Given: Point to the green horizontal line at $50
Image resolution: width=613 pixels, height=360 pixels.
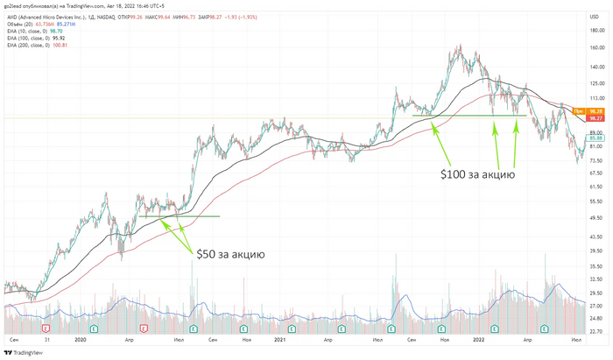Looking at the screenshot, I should coord(179,216).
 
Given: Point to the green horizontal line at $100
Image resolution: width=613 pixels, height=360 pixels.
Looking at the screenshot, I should coord(469,116).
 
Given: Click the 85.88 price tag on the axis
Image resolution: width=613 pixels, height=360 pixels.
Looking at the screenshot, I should coord(596,138).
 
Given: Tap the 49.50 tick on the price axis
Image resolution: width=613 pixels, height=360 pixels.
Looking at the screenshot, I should coord(596,218).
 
